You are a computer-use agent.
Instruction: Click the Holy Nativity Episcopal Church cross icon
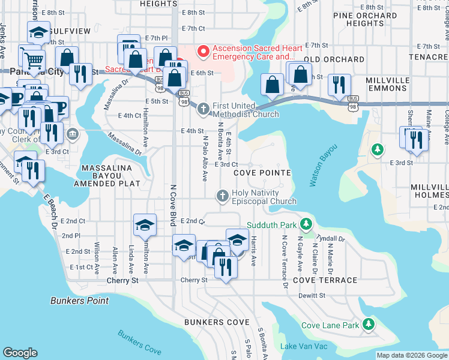point(222,196)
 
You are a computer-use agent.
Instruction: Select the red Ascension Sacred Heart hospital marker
point(203,52)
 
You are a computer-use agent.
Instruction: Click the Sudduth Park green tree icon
point(306,224)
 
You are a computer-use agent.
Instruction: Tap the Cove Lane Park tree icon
point(368,325)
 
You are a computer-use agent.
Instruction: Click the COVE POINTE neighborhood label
point(262,173)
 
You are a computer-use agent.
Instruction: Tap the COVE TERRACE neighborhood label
point(325,280)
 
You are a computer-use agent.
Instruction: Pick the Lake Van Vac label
point(304,346)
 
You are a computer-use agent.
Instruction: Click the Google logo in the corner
point(20,353)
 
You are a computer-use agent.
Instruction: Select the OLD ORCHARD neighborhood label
point(329,59)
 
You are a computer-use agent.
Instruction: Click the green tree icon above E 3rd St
point(377,148)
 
